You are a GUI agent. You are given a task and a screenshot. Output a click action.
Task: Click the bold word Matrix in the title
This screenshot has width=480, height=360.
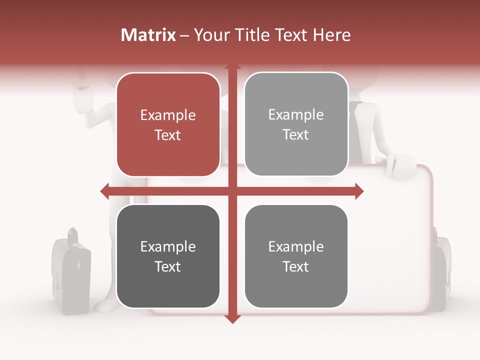pyautogui.click(x=148, y=35)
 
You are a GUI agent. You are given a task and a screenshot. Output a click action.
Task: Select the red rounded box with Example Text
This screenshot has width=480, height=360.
pyautogui.click(x=168, y=124)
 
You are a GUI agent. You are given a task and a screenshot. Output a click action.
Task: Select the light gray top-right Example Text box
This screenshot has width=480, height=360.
pyautogui.click(x=296, y=124)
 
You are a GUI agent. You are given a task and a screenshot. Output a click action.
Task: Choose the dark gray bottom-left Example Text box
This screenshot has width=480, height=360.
pyautogui.click(x=168, y=256)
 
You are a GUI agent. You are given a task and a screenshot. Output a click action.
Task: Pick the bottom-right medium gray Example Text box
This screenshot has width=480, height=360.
pyautogui.click(x=296, y=256)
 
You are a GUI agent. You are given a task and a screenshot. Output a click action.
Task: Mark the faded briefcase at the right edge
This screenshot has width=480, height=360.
pyautogui.click(x=442, y=270)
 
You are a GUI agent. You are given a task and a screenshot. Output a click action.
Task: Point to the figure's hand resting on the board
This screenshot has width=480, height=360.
pyautogui.click(x=400, y=165)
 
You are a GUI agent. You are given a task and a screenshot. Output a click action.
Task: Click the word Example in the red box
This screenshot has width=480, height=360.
pyautogui.click(x=168, y=115)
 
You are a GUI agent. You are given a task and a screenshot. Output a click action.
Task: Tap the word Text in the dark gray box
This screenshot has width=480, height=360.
pyautogui.click(x=168, y=266)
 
